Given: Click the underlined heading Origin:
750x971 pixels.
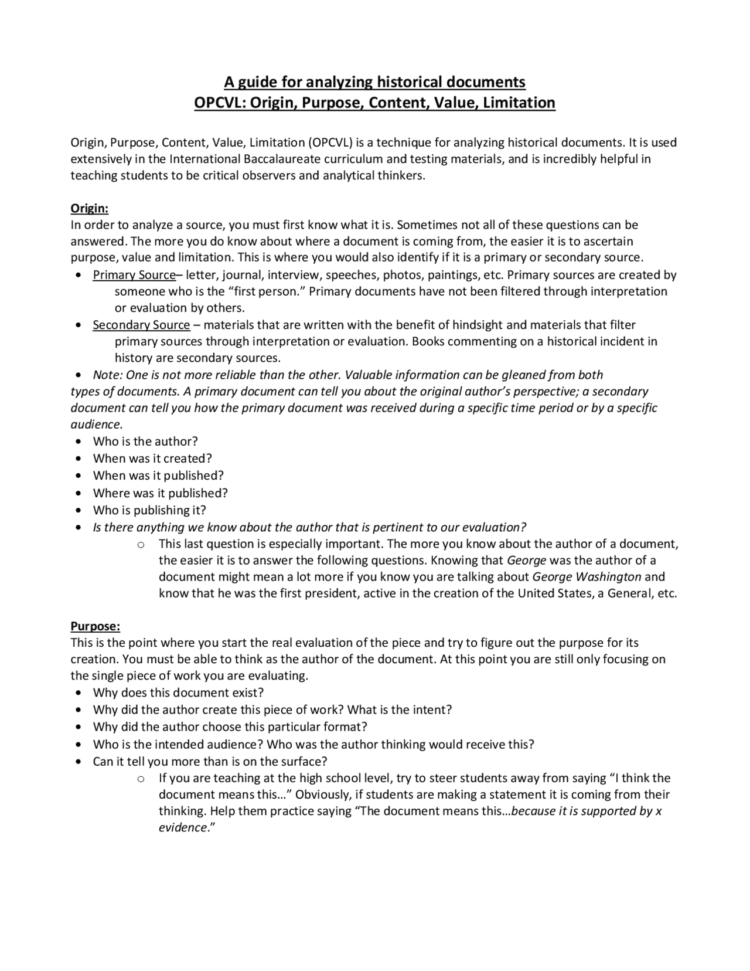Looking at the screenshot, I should coord(89,209).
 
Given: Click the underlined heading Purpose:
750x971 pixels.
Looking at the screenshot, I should coord(95,626).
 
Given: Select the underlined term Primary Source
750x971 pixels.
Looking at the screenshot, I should coord(134,275).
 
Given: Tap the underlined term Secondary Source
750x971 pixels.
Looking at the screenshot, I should coord(141,325).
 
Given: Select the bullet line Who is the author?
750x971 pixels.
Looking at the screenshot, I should coord(145,442).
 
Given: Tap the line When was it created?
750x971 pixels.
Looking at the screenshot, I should coord(152,459).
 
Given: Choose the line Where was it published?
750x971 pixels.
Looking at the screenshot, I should coord(160,493).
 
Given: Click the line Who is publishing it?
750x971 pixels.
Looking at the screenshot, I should coord(149,510).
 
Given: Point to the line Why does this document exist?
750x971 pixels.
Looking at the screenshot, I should coord(178,692).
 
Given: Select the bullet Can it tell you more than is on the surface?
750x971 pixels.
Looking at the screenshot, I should coord(210,762).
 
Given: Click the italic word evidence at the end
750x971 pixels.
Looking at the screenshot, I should coord(183,828).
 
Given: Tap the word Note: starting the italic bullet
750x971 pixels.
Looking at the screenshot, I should coord(108,375).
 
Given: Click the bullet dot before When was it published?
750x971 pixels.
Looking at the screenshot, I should coord(79,476).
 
